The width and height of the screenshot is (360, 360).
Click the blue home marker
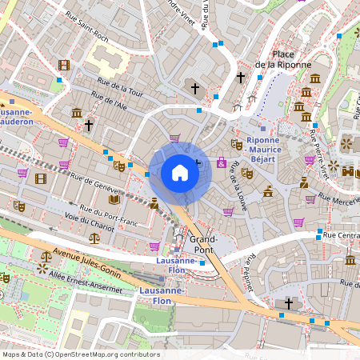tap(180, 173)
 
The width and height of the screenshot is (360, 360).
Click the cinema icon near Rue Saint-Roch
tap(64, 65)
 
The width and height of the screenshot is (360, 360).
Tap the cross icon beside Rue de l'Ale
tap(89, 126)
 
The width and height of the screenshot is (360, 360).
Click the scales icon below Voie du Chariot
tap(95, 238)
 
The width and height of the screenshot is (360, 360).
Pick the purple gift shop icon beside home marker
tap(221, 163)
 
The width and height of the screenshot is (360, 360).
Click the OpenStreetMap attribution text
tap(81, 354)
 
